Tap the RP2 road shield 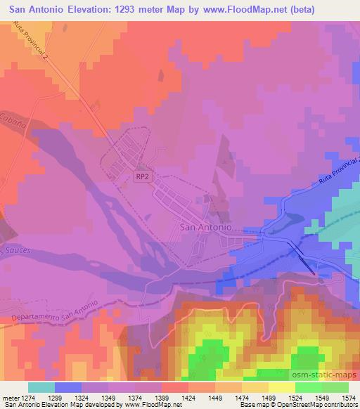point(142,177)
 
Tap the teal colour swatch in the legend point(41,387)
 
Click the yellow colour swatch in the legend point(281,387)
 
